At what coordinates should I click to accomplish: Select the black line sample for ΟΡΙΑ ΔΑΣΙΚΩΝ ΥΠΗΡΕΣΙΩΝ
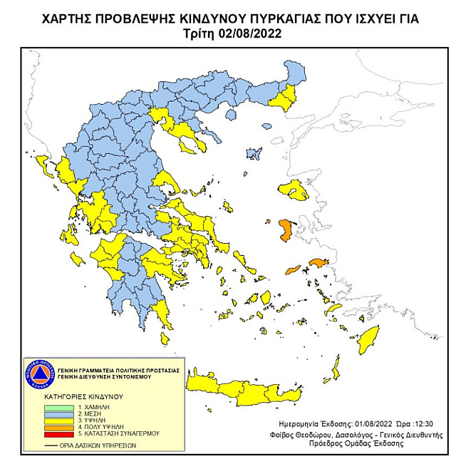pyautogui.click(x=48, y=445)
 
